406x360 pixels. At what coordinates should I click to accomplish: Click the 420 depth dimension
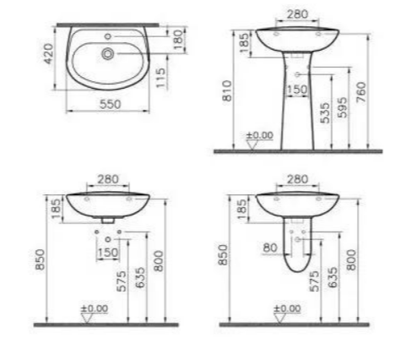click(49, 53)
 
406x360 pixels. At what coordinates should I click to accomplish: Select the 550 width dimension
click(111, 104)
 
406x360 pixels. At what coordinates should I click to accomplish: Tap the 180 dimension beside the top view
click(178, 40)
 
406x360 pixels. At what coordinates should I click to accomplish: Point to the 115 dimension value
click(160, 78)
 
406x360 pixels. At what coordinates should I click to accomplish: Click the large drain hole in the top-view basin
click(107, 53)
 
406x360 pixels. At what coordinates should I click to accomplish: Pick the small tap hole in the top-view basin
click(107, 36)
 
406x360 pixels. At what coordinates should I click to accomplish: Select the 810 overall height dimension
click(227, 90)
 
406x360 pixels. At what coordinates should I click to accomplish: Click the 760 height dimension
click(361, 92)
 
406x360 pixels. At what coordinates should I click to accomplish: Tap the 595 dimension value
click(343, 107)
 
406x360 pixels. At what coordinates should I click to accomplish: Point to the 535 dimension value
click(325, 113)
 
